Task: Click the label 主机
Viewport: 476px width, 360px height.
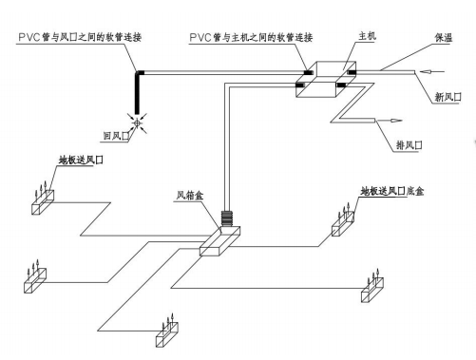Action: tap(367, 36)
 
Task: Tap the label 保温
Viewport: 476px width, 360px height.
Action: tap(444, 38)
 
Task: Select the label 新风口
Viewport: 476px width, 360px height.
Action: tap(447, 97)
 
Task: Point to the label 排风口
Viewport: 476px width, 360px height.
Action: tap(409, 145)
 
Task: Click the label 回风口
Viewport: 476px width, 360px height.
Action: tap(117, 136)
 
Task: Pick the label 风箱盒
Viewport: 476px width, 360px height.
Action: tap(190, 196)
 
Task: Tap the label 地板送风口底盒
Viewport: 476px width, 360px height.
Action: tap(392, 191)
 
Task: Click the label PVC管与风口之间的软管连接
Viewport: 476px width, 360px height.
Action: tap(80, 37)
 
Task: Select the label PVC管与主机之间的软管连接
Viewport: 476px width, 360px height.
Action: tap(251, 37)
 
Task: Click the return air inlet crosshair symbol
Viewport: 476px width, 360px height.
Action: tap(137, 123)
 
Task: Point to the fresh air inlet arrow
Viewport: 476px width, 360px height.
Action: tap(432, 72)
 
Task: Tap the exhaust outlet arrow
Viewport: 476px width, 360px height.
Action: tap(389, 121)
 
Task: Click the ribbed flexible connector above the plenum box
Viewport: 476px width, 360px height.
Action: tap(227, 218)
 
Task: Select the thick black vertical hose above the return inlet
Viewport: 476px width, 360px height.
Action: tap(137, 93)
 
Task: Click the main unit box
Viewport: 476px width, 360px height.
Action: tap(326, 79)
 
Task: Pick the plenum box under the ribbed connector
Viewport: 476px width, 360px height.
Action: tap(219, 241)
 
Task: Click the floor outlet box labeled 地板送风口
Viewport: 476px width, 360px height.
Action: tap(43, 202)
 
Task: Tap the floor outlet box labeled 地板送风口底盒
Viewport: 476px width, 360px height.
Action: tap(343, 224)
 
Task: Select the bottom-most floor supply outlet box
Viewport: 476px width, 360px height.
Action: tap(167, 334)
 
